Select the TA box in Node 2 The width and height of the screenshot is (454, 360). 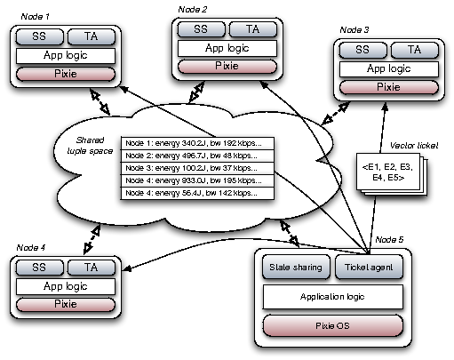(251, 28)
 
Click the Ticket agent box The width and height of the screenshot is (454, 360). (370, 266)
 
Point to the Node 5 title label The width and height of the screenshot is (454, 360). (388, 241)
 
